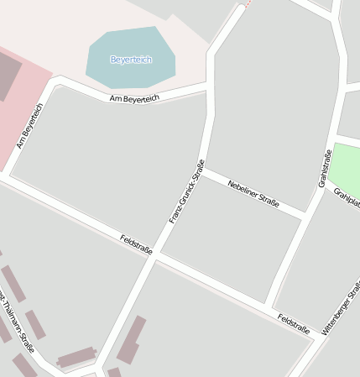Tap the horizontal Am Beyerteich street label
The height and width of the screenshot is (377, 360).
134,99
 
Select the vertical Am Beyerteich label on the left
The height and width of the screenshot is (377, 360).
29,126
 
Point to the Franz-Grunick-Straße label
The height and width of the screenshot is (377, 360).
186,191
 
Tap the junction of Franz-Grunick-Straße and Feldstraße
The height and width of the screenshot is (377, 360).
154,258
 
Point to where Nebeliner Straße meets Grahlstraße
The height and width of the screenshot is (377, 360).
306,217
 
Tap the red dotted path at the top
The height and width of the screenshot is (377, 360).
246,3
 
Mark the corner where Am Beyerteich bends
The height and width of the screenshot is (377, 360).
57,82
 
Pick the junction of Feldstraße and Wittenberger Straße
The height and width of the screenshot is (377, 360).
316,336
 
